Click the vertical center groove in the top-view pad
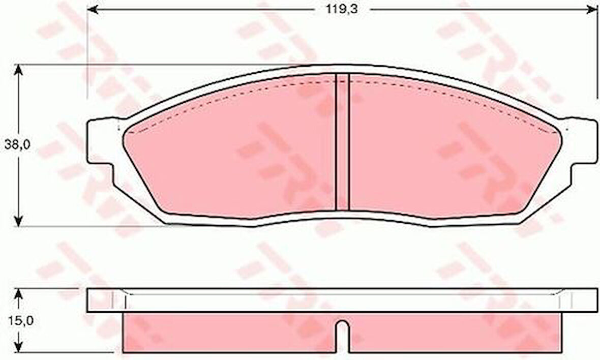[343, 142]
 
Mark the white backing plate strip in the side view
[343, 301]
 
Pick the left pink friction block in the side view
[229, 333]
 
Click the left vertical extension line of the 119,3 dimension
[87, 51]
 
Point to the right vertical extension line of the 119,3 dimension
[596, 51]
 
